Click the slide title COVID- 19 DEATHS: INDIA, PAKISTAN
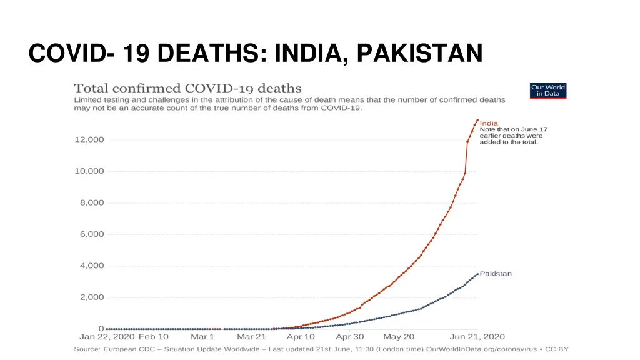[x=256, y=52]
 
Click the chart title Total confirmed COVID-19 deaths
[x=187, y=88]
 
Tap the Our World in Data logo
[x=547, y=91]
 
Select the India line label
[x=489, y=123]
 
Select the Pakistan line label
[x=496, y=274]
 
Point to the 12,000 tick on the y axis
[x=89, y=139]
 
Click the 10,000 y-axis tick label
[x=89, y=171]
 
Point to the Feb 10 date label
[x=153, y=336]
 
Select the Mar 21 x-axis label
[x=251, y=336]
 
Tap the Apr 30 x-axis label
[x=350, y=336]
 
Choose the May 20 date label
[x=399, y=336]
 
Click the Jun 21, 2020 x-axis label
[x=478, y=336]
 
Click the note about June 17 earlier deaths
[x=511, y=136]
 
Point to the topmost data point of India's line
[x=477, y=120]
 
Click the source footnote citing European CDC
[x=321, y=349]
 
